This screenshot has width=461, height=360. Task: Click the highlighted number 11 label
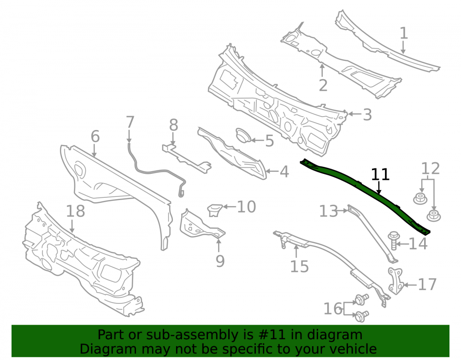click(380, 174)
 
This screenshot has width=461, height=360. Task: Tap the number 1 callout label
click(404, 33)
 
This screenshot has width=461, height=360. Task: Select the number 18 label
click(76, 211)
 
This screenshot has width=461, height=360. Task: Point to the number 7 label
click(130, 122)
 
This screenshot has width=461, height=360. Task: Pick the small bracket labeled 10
click(215, 210)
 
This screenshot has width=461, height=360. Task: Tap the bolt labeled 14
click(393, 241)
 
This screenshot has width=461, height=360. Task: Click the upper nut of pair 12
click(420, 198)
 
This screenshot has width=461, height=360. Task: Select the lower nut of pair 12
click(433, 215)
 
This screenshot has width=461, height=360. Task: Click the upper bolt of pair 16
click(361, 300)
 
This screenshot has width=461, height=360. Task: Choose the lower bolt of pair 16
click(361, 316)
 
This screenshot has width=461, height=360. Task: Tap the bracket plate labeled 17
click(395, 280)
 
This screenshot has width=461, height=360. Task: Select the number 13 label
click(329, 211)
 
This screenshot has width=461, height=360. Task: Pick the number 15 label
click(299, 266)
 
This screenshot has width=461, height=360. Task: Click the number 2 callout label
click(323, 86)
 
